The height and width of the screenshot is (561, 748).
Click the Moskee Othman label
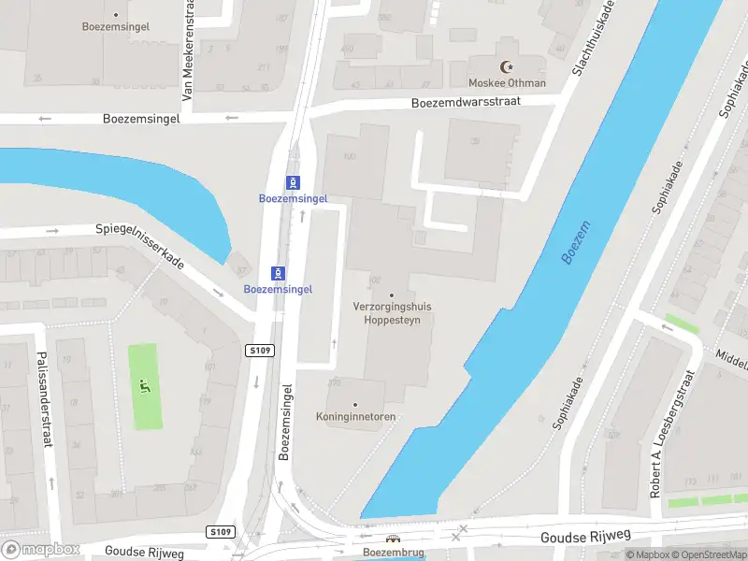tap(508, 83)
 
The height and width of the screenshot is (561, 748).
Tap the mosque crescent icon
tap(508, 67)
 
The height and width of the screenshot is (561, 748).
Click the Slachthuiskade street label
tap(594, 38)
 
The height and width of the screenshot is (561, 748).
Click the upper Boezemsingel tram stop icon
tap(294, 181)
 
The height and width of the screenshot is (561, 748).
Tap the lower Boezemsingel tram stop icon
tap(278, 273)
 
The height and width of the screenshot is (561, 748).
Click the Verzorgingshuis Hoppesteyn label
tap(391, 312)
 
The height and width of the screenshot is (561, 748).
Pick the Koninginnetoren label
tap(355, 416)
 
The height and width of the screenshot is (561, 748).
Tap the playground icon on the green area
tap(144, 385)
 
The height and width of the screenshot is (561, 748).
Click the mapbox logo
tap(39, 550)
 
